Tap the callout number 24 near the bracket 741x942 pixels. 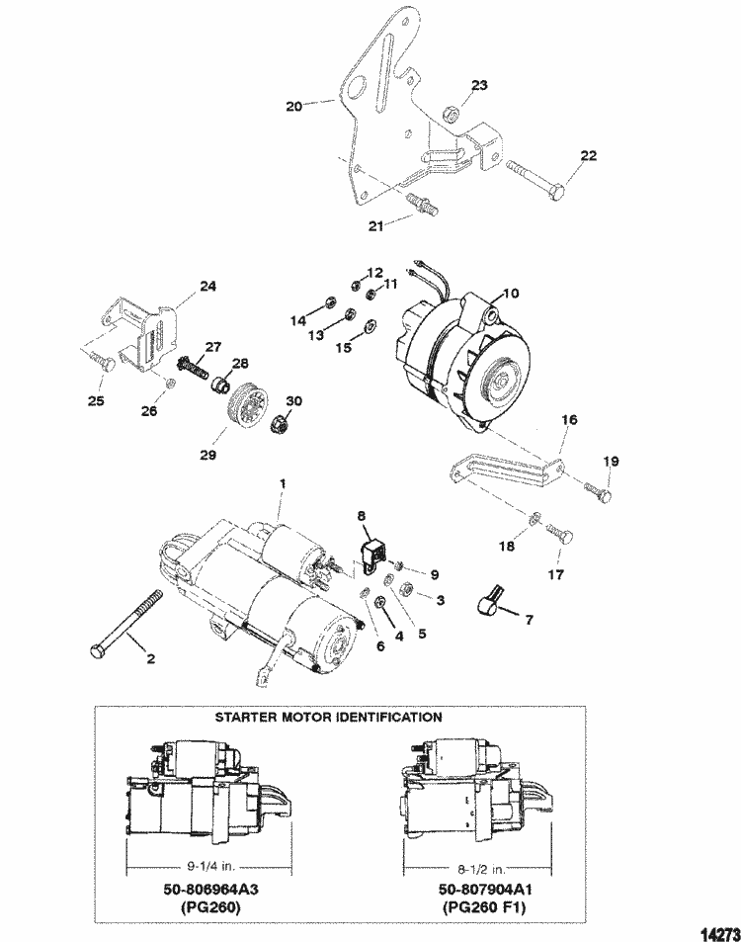pyautogui.click(x=207, y=287)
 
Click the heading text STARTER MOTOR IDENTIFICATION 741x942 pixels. pyautogui.click(x=328, y=717)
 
